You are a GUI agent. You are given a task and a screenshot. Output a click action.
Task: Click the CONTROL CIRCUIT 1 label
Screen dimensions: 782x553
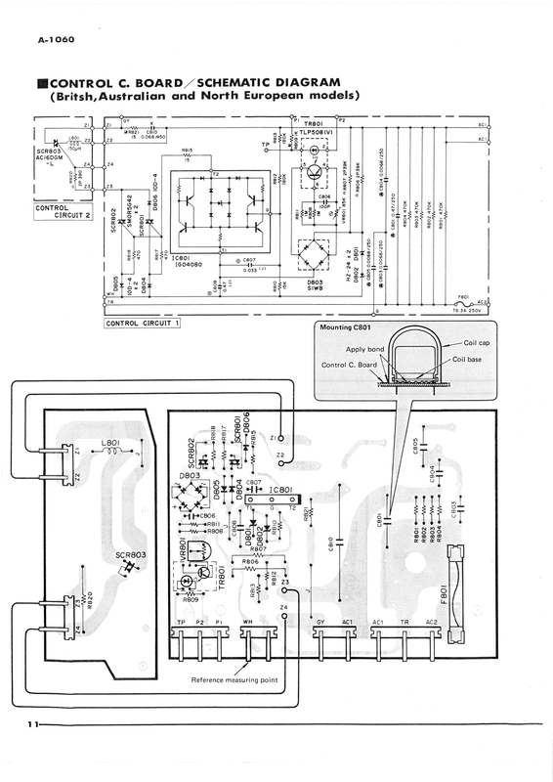(145, 321)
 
